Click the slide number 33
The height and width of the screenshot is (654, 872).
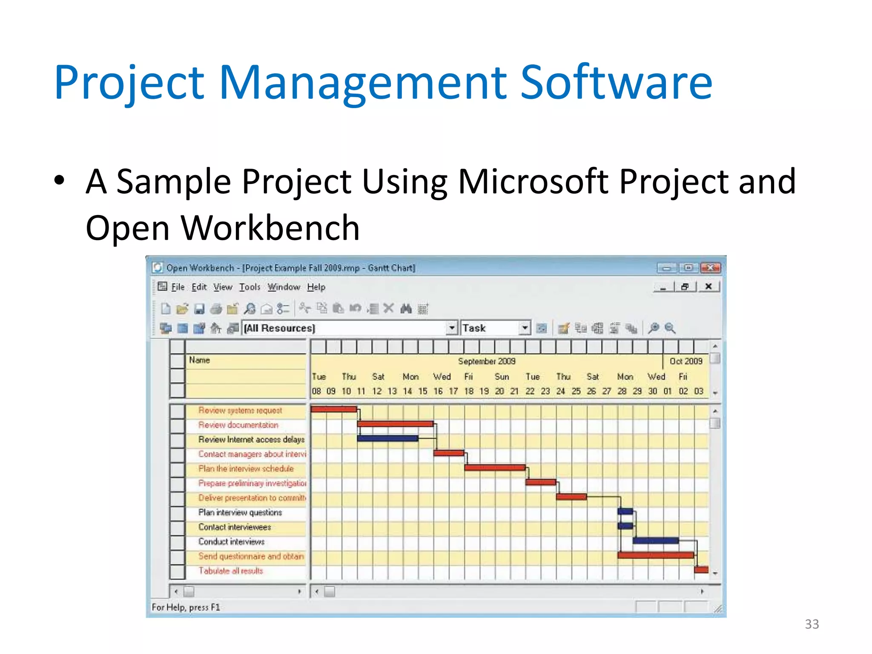point(812,624)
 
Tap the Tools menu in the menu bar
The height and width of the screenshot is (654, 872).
point(250,287)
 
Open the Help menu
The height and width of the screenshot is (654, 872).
point(316,287)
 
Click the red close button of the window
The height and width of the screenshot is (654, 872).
point(710,268)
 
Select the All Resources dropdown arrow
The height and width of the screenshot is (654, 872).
point(452,328)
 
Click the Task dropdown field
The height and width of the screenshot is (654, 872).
point(490,328)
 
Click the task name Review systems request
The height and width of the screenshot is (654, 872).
point(240,410)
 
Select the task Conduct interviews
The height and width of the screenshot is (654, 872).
point(231,542)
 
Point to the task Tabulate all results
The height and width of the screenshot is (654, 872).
point(230,571)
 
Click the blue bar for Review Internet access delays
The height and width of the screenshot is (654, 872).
point(387,438)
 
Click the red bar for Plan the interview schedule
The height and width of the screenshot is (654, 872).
point(494,468)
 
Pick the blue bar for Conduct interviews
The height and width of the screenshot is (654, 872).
point(655,541)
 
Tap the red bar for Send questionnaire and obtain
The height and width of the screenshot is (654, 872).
point(655,555)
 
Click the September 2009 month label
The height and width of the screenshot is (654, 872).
point(486,361)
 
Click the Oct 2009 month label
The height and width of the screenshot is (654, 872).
point(686,361)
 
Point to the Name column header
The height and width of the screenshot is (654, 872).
point(200,360)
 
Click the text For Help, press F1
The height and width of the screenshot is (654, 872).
point(186,607)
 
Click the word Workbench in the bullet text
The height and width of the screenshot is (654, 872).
point(270,228)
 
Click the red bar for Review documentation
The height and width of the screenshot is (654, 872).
point(395,424)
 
